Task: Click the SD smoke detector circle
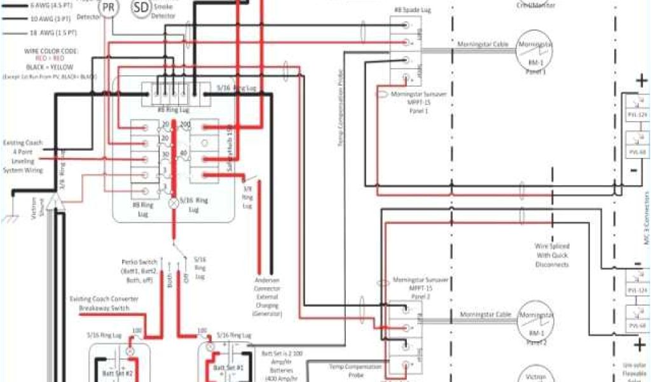142,8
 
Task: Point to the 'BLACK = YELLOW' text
49,67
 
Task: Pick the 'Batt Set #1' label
228,368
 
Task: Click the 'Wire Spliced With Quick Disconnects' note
552,255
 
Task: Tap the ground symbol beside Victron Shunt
10,218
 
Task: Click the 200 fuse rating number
186,124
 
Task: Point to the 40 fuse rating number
183,153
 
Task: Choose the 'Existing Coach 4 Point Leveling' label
23,157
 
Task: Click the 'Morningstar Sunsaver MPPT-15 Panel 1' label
410,102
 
